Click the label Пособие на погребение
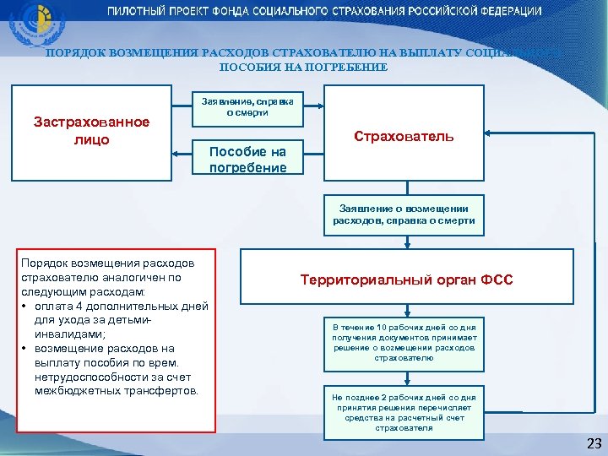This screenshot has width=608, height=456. click(x=247, y=159)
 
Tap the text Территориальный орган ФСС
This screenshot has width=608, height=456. click(x=406, y=280)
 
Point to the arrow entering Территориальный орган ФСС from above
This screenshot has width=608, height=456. click(x=406, y=243)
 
